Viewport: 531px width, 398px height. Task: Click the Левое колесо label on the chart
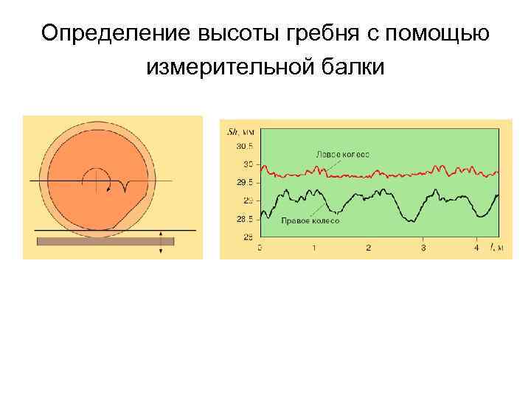tap(342, 155)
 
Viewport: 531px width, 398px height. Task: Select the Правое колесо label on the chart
tap(310, 220)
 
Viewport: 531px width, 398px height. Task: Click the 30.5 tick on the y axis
tap(244, 146)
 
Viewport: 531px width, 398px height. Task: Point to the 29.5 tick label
tap(244, 182)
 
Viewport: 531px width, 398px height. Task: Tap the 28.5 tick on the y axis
tap(244, 219)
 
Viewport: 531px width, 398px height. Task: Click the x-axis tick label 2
tap(368, 248)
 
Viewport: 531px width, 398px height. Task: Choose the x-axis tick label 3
tap(423, 248)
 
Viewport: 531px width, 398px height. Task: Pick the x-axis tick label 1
tap(313, 248)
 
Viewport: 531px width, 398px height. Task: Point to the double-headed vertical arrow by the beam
tap(161, 242)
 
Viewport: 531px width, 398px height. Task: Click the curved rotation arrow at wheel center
tap(97, 179)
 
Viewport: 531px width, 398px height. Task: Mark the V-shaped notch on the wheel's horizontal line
tap(126, 186)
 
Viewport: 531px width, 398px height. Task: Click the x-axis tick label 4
tap(476, 248)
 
